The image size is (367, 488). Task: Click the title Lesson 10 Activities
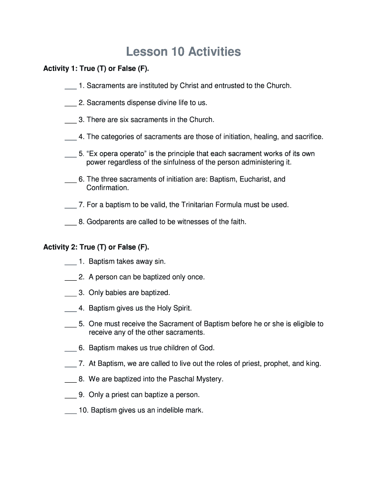coord(183,51)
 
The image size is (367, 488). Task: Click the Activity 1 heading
coord(96,69)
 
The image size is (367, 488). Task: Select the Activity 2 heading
coord(96,247)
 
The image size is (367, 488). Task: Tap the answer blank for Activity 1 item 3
coord(70,121)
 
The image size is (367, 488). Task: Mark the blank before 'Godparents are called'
coord(70,223)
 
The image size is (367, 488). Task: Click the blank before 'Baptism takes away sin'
coord(70,262)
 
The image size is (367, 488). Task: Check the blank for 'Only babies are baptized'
coord(70,293)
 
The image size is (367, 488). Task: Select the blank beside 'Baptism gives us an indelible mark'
coord(70,411)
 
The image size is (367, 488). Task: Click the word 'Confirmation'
coord(107,188)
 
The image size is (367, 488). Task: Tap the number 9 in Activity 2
coord(82,395)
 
